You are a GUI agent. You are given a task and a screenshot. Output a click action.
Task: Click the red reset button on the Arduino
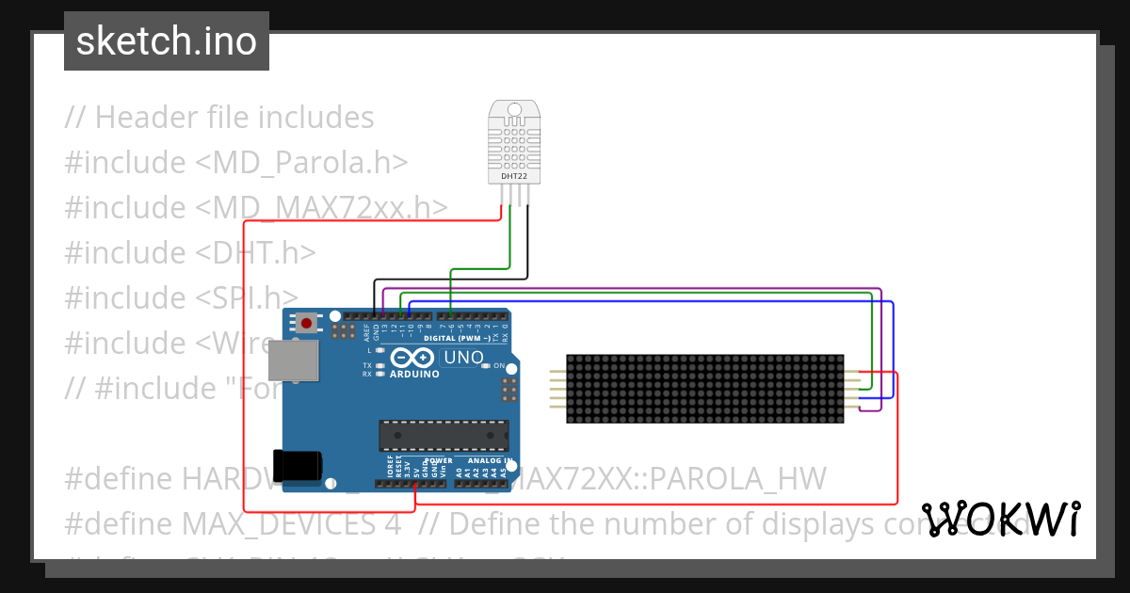point(305,323)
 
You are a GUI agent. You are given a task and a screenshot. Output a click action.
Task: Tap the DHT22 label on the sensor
point(508,175)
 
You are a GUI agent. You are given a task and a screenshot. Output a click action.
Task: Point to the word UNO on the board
point(463,359)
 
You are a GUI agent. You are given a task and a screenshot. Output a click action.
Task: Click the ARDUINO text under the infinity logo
point(414,375)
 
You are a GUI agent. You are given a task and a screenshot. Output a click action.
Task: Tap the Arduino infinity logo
point(413,358)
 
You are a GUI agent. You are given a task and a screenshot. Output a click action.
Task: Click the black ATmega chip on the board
point(444,436)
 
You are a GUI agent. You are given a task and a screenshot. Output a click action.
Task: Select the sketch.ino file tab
point(167,41)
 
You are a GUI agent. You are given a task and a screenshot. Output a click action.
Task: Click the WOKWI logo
point(1000,519)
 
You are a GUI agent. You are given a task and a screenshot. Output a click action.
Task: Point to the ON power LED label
point(499,366)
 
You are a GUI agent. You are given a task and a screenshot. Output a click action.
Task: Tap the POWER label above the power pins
point(438,461)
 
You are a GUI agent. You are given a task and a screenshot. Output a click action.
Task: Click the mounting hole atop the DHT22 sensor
point(514,109)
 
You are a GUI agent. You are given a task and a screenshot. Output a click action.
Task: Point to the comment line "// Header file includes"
point(219,118)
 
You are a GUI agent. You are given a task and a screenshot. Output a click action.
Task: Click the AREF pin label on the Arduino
point(366,331)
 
